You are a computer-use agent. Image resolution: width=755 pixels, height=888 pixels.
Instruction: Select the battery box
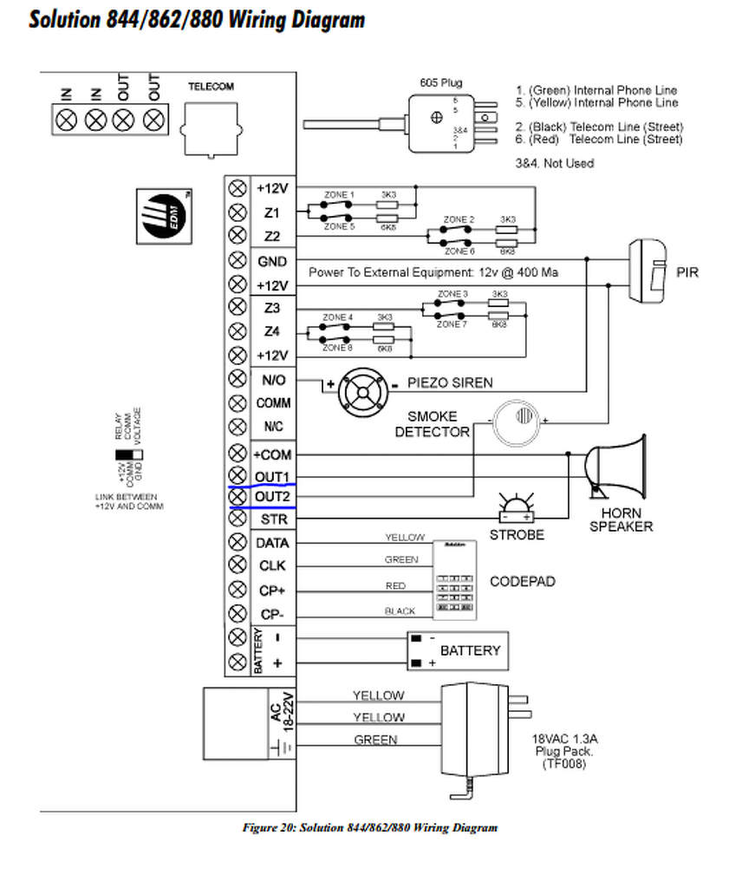457,650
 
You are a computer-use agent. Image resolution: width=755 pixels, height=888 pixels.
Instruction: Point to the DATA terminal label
271,543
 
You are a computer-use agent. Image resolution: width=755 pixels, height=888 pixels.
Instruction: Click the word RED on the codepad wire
395,586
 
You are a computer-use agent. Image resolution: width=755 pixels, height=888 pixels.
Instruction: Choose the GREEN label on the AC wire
375,740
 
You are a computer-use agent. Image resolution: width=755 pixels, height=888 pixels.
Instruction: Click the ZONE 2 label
459,219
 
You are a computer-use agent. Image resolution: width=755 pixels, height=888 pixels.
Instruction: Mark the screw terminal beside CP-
237,614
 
